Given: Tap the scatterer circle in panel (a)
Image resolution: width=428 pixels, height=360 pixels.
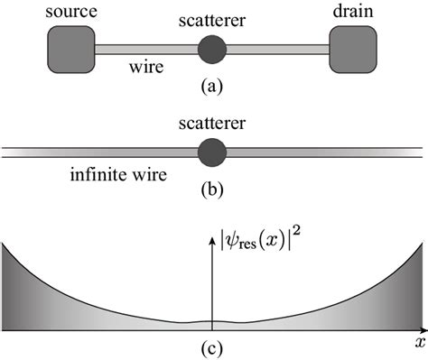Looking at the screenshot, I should point(212,49).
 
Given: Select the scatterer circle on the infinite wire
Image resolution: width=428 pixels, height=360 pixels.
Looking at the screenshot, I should point(212,152).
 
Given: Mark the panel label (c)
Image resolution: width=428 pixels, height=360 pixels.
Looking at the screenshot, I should point(213,346).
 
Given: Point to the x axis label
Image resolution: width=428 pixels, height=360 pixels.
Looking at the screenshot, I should point(419,343).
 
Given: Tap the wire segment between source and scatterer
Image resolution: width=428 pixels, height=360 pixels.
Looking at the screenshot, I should point(144,49).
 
